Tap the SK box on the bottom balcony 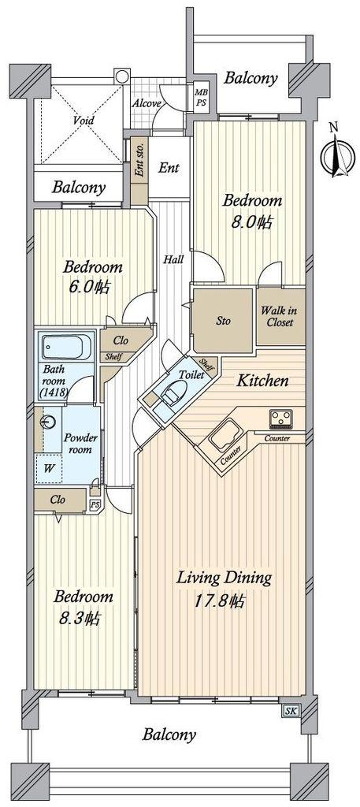point(290,711)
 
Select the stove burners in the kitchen point(280,419)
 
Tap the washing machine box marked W point(49,468)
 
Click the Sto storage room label point(223,321)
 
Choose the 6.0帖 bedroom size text point(87,287)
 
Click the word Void point(84,121)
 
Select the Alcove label point(147,103)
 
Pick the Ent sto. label point(139,162)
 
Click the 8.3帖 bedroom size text point(78,617)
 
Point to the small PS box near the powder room point(95,505)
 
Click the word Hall point(174,259)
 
